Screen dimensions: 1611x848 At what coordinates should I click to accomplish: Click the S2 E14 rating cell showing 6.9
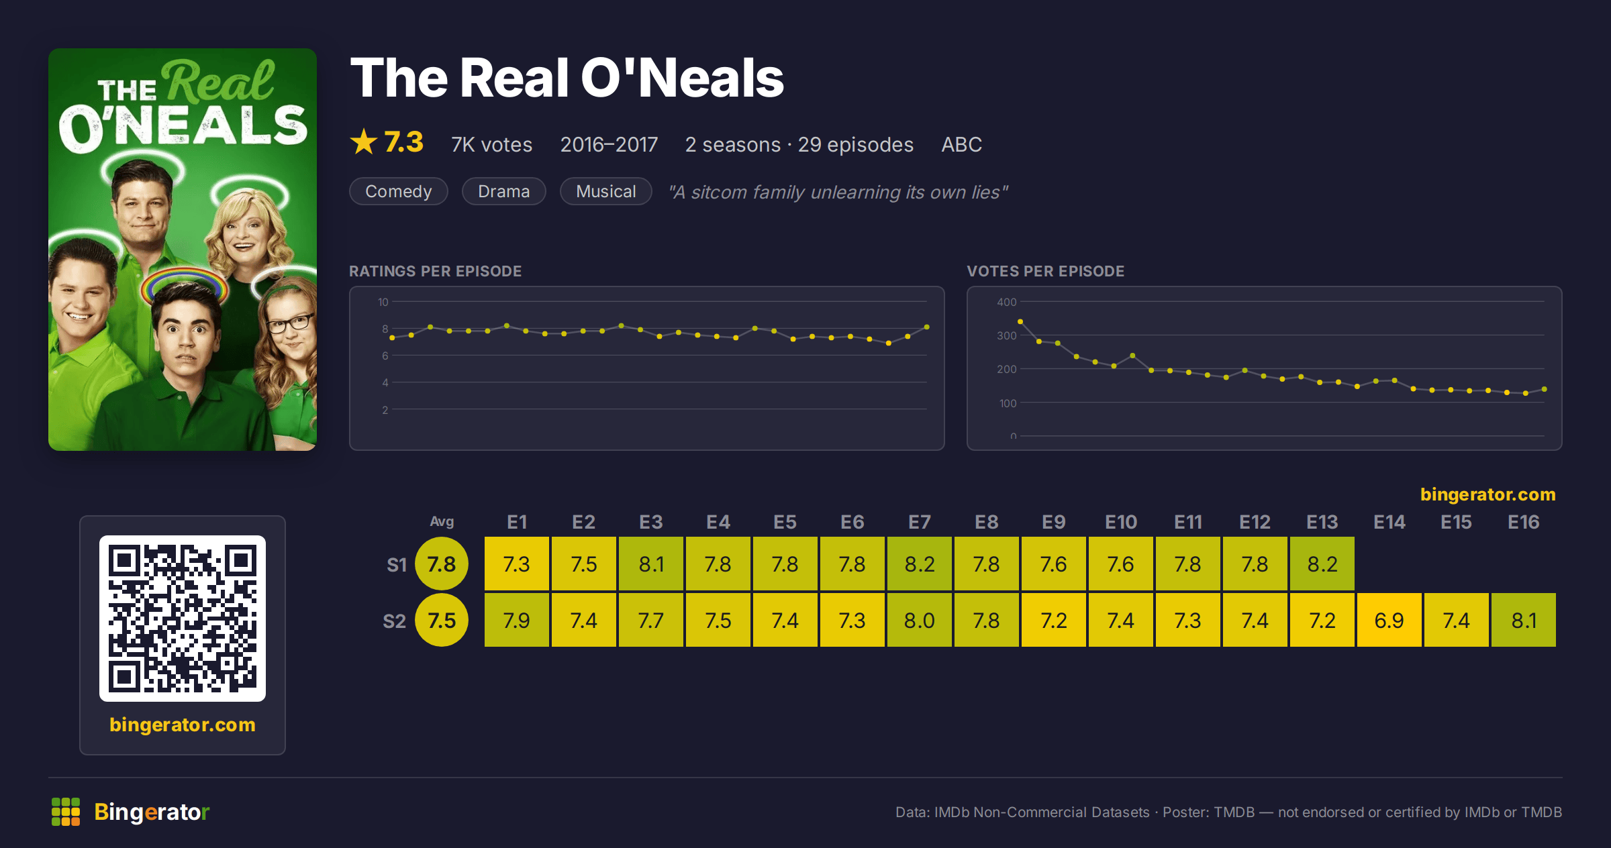point(1389,620)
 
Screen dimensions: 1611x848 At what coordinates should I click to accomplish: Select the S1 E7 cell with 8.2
point(919,564)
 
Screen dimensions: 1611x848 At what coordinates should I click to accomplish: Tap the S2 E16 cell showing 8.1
point(1523,620)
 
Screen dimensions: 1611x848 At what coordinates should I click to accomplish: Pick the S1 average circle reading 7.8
point(442,564)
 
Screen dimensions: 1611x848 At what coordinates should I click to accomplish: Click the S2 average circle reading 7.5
point(442,620)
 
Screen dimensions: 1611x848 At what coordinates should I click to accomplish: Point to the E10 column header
point(1121,522)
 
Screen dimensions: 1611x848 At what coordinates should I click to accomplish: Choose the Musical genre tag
point(605,191)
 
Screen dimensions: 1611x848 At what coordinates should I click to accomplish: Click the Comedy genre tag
point(398,191)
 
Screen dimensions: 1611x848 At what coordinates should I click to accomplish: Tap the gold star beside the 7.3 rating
point(364,142)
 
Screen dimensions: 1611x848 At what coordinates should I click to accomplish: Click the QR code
point(183,618)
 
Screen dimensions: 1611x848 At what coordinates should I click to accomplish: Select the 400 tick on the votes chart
point(1006,302)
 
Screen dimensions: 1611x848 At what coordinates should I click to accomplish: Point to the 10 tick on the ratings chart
point(383,302)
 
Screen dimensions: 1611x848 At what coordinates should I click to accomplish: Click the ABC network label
point(961,144)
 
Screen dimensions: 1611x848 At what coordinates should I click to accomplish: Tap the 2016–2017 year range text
point(609,144)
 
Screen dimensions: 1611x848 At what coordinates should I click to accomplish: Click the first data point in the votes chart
point(1020,321)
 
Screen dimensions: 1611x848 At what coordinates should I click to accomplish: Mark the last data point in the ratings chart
point(927,327)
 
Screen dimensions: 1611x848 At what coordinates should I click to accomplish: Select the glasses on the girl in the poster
point(290,323)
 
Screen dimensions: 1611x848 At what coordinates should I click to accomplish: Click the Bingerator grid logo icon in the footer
point(66,812)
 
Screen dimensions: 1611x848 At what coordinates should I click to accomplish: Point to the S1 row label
point(397,565)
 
